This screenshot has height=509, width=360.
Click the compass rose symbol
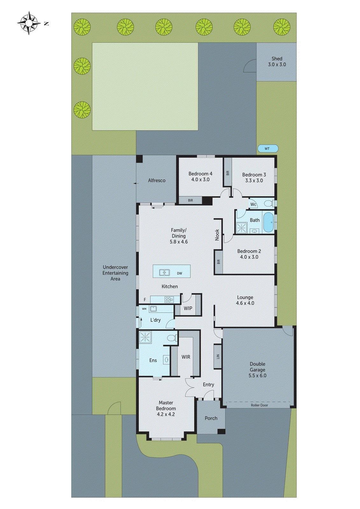pos(29,23)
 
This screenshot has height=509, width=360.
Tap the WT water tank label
pos(267,149)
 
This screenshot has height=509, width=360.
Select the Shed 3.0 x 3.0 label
pos(277,61)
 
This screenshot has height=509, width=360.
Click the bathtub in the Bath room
pos(268,222)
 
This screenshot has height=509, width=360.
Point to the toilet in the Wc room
pos(268,204)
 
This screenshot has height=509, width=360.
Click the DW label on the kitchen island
pos(180,273)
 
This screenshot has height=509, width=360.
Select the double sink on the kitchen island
pos(164,273)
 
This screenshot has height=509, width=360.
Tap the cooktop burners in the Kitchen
pos(169,299)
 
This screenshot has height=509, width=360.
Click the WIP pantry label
pos(188,308)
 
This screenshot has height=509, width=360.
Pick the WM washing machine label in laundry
pos(144,309)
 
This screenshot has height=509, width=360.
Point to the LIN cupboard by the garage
pos(218,357)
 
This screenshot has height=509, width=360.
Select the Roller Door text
pos(259,405)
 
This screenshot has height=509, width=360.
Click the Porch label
pos(211,418)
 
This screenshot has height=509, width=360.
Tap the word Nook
pos(217,235)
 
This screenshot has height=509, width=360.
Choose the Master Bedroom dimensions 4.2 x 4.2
pos(166,414)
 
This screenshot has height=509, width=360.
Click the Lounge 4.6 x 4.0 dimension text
pos(245,303)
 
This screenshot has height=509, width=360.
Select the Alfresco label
pos(157,180)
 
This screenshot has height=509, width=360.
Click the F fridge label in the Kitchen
pos(145,300)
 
